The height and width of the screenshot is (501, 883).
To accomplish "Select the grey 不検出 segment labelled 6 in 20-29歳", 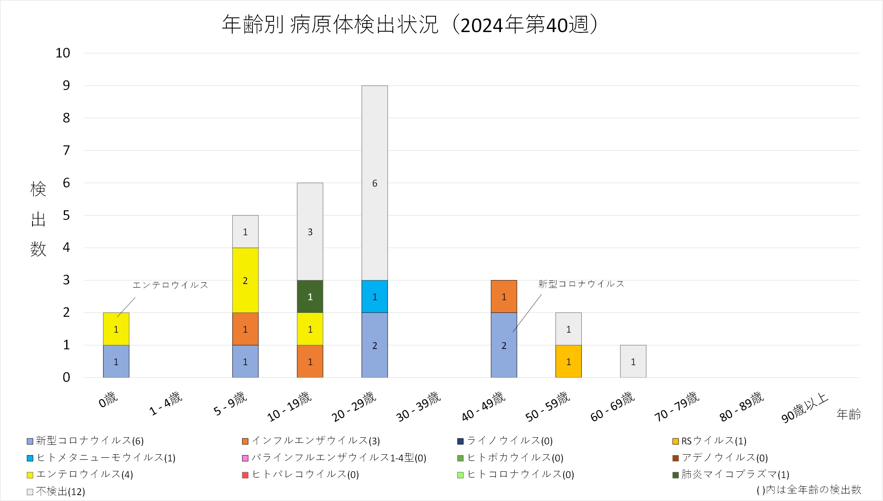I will point(375,183).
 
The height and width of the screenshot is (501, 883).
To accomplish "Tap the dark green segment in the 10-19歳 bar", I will point(310,297).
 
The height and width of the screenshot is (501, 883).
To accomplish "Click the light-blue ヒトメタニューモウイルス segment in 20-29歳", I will point(375,297).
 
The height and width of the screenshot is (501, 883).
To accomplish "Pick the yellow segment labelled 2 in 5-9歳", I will point(245,280).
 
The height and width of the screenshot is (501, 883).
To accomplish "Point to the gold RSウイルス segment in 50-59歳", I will point(568,362).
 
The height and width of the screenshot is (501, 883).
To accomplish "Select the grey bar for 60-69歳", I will point(633,362).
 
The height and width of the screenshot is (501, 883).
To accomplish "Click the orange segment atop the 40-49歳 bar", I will point(504,297).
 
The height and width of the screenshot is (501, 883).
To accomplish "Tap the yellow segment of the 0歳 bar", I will point(116,329).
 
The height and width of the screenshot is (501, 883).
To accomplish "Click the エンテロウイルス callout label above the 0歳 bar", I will point(170,285).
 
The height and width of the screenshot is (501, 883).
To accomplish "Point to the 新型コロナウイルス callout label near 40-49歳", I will point(581,284).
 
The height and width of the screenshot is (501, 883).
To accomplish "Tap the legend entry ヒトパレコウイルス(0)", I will point(305,474).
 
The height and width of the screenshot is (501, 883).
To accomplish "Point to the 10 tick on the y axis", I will point(63,53).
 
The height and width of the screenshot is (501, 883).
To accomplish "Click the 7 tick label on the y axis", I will point(66,150).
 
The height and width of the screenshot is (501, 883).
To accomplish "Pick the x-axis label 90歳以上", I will point(805,408).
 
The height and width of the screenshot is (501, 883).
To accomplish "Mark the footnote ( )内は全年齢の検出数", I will point(808,490).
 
